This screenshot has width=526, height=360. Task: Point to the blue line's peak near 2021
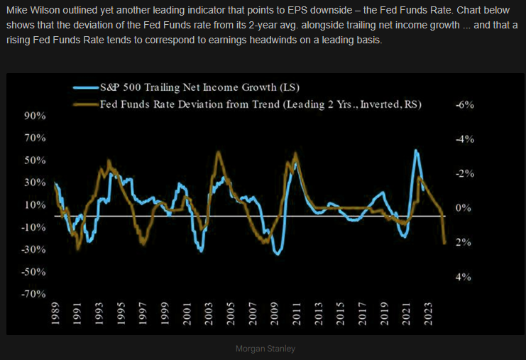click(415, 151)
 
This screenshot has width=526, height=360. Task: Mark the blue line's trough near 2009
click(278, 253)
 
